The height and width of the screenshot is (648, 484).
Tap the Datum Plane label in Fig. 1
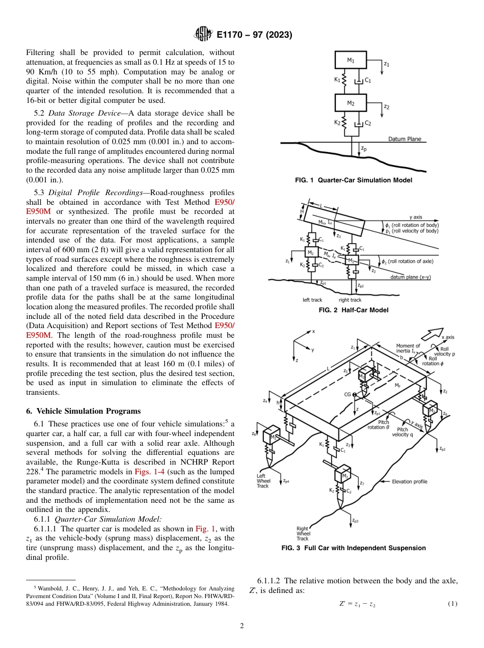coord(405,139)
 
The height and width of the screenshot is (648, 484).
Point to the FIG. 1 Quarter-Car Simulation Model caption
coord(354,180)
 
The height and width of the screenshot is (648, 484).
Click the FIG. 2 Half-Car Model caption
coord(354,310)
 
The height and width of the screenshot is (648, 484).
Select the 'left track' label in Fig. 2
coord(313,300)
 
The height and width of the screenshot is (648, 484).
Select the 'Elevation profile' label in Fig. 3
coord(410,481)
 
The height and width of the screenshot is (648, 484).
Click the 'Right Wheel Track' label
coord(303,533)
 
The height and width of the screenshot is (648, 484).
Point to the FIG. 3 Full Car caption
coord(354,548)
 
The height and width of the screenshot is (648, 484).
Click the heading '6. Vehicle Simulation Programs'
coord(83,411)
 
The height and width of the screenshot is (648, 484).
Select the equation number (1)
coord(452,604)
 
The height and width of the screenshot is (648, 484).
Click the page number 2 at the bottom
coord(242,626)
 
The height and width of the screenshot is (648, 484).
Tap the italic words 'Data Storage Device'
coord(74,113)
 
